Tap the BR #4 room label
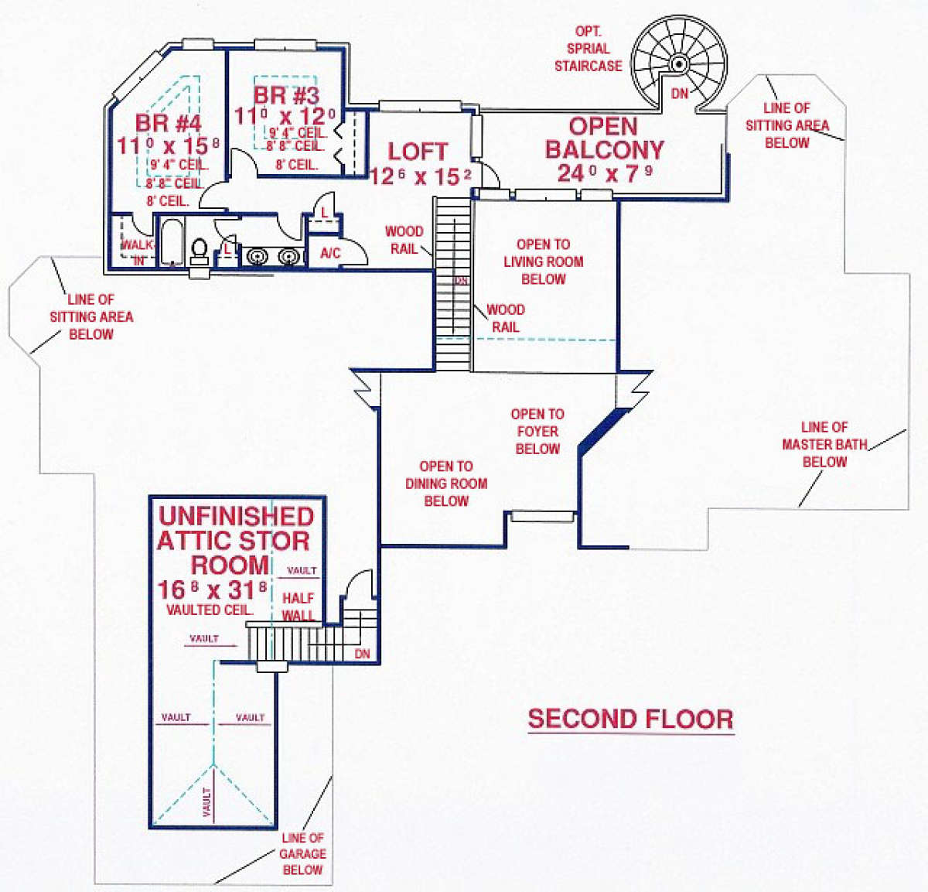pos(168,123)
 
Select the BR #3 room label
pos(286,96)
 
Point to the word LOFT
pos(418,152)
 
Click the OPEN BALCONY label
pos(604,138)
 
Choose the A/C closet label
pos(330,253)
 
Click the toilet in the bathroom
pos(200,250)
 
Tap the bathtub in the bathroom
pos(171,243)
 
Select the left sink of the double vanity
pos(256,255)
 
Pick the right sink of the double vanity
pos(288,255)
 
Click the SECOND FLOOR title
pos(630,719)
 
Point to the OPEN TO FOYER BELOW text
pos(537,431)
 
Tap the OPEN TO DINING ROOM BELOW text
pos(446,484)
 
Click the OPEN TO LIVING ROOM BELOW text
pos(543,261)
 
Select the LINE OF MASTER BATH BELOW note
pos(824,445)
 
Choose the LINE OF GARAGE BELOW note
pos(302,853)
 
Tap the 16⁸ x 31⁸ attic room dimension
pos(212,590)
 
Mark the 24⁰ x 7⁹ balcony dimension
pos(604,173)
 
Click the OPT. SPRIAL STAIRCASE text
pos(588,49)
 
